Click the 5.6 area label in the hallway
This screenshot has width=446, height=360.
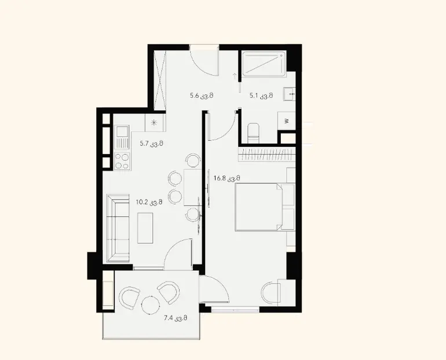pyautogui.click(x=202, y=95)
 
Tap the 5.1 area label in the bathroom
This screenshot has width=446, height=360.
pyautogui.click(x=261, y=95)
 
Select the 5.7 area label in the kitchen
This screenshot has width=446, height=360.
pyautogui.click(x=151, y=144)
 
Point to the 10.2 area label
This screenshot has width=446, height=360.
pyautogui.click(x=149, y=203)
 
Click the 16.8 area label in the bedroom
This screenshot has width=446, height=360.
pyautogui.click(x=227, y=178)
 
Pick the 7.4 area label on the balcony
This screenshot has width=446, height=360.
pyautogui.click(x=176, y=318)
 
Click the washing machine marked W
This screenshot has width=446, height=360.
pyautogui.click(x=287, y=121)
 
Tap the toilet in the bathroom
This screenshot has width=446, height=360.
pyautogui.click(x=253, y=133)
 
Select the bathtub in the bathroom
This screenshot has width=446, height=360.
pyautogui.click(x=264, y=64)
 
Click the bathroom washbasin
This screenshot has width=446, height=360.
pyautogui.click(x=289, y=94)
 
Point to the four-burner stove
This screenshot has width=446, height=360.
pyautogui.click(x=122, y=161)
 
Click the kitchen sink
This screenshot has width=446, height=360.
pyautogui.click(x=122, y=138)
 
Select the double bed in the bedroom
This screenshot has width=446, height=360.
pyautogui.click(x=265, y=207)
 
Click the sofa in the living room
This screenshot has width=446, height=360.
pyautogui.click(x=118, y=228)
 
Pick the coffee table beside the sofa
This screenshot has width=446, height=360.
pyautogui.click(x=145, y=228)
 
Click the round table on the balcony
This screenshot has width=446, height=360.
pyautogui.click(x=150, y=305)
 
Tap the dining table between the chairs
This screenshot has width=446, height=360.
pyautogui.click(x=192, y=188)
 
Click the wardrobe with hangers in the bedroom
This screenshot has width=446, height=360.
pyautogui.click(x=268, y=155)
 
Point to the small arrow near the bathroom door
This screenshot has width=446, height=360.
pyautogui.click(x=235, y=76)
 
